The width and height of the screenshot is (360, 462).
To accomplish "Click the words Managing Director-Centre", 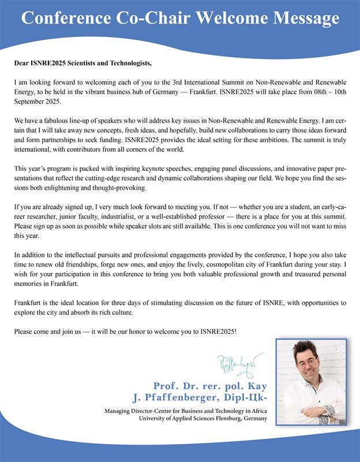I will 138,411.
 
